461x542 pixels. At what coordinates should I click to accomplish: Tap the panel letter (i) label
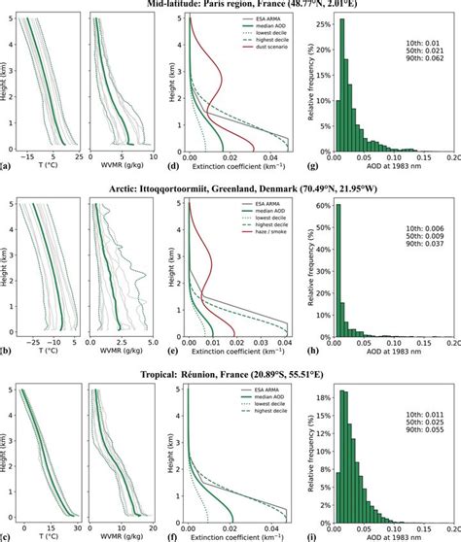click(x=308, y=535)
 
